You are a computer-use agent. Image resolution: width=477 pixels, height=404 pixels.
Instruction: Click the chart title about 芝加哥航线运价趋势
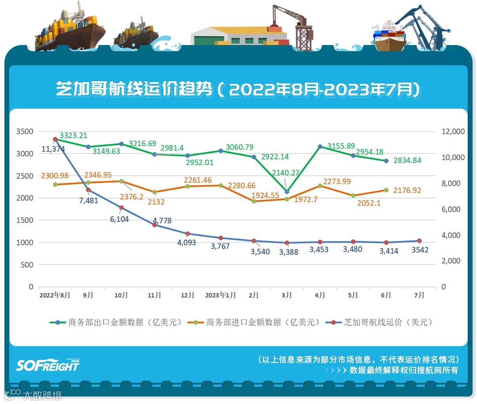(x=238, y=90)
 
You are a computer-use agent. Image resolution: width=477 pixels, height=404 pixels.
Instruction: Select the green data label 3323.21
(x=73, y=136)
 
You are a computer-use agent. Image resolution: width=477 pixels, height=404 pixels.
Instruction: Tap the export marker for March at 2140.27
(x=287, y=192)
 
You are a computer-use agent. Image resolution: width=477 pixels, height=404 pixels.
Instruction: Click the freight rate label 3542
(x=420, y=250)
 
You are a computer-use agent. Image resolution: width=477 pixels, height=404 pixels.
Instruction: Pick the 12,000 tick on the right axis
(x=452, y=132)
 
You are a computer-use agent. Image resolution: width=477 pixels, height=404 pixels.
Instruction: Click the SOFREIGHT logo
(x=48, y=365)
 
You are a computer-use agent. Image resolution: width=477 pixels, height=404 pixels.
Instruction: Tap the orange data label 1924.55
(x=265, y=195)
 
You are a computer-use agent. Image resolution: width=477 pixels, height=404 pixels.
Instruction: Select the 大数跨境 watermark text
(x=42, y=395)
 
